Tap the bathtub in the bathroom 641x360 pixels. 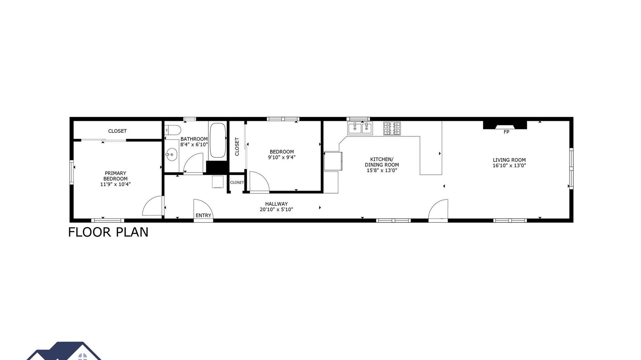point(218,140)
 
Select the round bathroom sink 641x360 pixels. point(172,155)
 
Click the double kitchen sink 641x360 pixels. point(360,128)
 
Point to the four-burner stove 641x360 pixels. point(392,128)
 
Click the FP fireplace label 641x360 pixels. point(506,132)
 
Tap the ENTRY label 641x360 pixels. point(203,216)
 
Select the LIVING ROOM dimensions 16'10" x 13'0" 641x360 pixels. point(509,165)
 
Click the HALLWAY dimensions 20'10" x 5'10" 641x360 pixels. point(276,210)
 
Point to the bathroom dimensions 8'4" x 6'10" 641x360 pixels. point(194,145)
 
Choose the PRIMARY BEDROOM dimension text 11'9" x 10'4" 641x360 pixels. point(116,184)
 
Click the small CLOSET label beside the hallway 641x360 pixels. point(237,183)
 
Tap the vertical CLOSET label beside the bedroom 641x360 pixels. point(237,146)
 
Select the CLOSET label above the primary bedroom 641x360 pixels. point(118,131)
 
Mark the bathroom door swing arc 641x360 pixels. point(194,163)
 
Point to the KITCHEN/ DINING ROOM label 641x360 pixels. point(382,162)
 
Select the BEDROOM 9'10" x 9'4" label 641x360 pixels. point(282,154)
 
